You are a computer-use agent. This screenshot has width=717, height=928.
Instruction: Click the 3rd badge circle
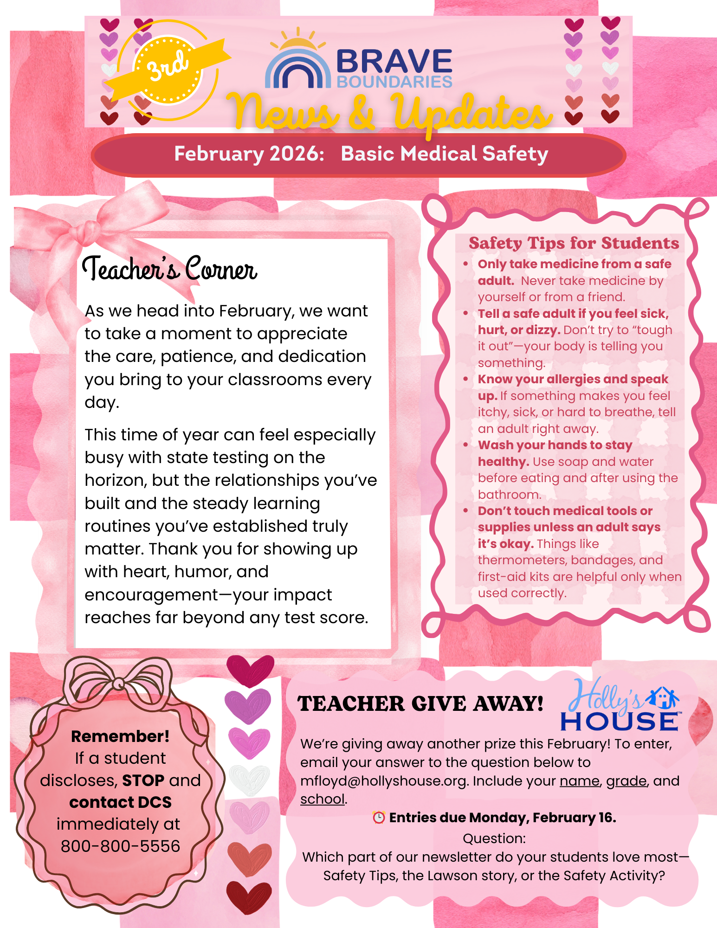pyautogui.click(x=168, y=70)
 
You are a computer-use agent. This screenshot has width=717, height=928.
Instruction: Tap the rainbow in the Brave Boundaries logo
pyautogui.click(x=297, y=70)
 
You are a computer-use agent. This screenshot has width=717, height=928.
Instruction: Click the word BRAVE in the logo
pyautogui.click(x=394, y=62)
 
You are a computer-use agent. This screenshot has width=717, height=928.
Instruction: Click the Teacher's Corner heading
pyautogui.click(x=169, y=269)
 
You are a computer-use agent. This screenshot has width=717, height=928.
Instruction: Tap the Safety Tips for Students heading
pyautogui.click(x=574, y=243)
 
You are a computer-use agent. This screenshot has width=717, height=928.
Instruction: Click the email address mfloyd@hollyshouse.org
pyautogui.click(x=383, y=781)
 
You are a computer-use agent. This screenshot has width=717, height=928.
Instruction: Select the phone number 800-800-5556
pyautogui.click(x=120, y=846)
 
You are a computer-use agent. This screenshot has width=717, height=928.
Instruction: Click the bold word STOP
pyautogui.click(x=143, y=780)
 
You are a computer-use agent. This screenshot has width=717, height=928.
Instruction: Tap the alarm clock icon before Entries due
pyautogui.click(x=379, y=818)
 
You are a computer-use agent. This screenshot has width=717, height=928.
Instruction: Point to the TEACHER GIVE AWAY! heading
pyautogui.click(x=420, y=704)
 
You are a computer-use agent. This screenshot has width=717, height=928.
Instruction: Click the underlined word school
pyautogui.click(x=323, y=799)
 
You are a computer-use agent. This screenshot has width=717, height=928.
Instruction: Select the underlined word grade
pyautogui.click(x=626, y=781)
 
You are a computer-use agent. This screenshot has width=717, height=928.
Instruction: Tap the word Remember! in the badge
pyautogui.click(x=120, y=736)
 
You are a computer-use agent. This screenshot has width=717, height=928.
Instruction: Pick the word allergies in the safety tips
pyautogui.click(x=573, y=379)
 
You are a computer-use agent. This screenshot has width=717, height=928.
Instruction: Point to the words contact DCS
pyautogui.click(x=120, y=802)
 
